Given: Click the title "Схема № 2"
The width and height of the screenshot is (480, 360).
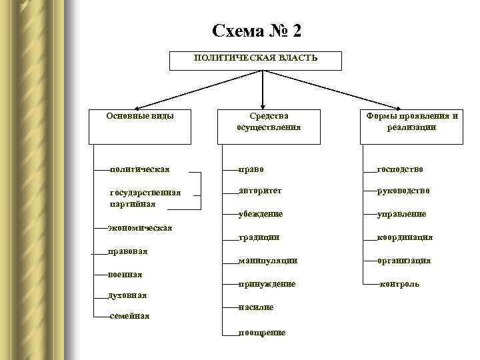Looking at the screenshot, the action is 257,31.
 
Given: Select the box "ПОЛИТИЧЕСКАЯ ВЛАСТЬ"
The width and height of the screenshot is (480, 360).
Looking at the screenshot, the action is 256,60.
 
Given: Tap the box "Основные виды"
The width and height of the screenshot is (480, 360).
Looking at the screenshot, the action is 140,126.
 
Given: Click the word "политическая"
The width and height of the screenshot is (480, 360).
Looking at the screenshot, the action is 139,169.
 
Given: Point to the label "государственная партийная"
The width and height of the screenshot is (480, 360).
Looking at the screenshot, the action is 145,198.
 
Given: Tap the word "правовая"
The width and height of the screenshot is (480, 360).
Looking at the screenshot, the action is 127,251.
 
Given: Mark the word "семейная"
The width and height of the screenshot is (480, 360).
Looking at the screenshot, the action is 129,315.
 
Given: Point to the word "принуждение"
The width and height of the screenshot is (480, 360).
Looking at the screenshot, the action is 267,284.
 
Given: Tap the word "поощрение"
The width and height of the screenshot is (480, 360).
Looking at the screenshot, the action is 263,332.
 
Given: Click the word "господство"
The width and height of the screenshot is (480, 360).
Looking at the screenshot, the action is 400,169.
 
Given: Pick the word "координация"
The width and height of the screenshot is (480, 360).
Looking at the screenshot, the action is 405,237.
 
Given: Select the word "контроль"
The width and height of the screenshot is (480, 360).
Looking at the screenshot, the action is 399,284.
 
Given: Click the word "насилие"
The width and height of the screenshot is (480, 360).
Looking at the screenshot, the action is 256,307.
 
